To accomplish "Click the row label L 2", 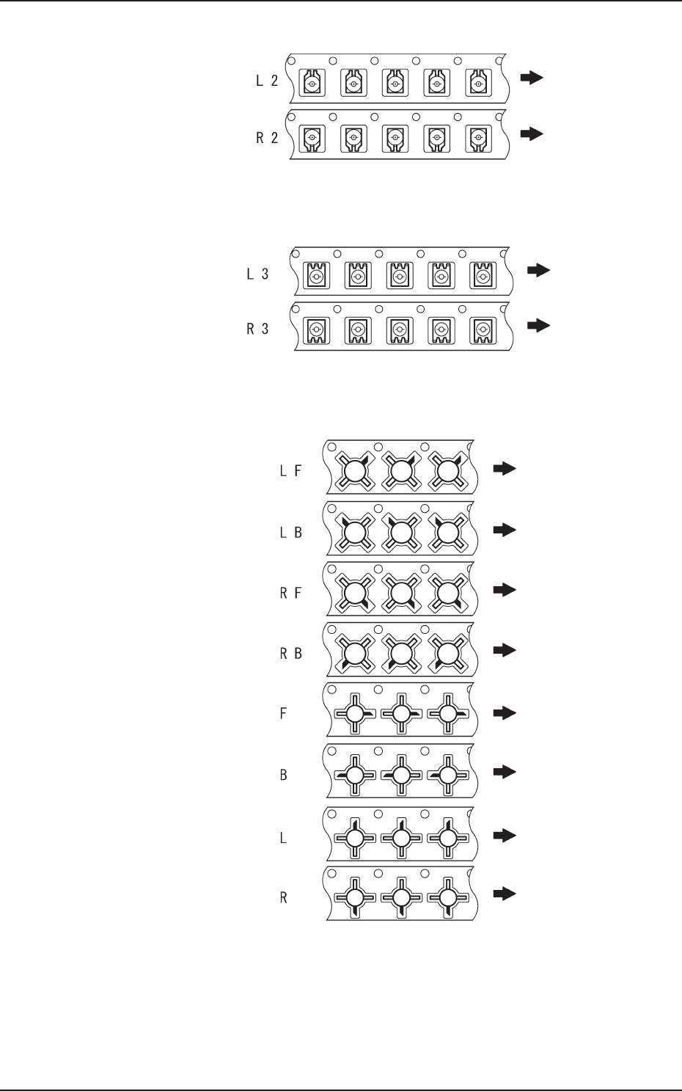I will [x=267, y=81].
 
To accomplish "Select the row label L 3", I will [x=257, y=274].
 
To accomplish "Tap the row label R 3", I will [x=257, y=329].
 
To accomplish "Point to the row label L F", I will [x=290, y=471].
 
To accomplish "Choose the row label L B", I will [x=290, y=533].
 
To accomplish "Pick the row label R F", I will [x=290, y=593].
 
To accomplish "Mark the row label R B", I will [x=290, y=653].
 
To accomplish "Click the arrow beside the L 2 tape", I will [x=532, y=78].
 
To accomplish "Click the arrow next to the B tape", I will [x=505, y=772].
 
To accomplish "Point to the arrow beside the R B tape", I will [x=505, y=650].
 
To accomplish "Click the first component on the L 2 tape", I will [x=312, y=84].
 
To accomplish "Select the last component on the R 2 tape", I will [x=478, y=138].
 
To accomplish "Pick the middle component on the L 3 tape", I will [x=400, y=276].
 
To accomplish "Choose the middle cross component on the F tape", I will [x=400, y=713].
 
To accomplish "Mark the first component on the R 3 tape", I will [x=317, y=330].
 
